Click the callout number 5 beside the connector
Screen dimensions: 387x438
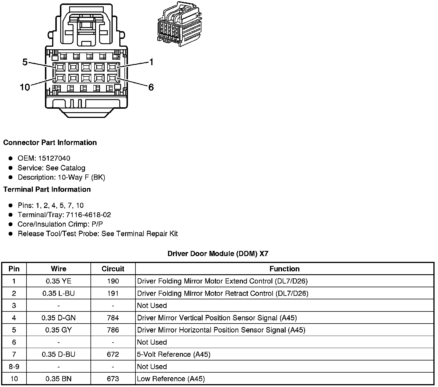point(25,62)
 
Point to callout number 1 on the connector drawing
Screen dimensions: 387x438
point(151,62)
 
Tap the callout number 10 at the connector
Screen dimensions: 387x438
point(25,87)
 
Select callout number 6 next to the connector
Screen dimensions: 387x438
point(151,87)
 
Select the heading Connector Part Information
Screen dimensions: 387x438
point(50,143)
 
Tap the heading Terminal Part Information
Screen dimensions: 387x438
point(47,189)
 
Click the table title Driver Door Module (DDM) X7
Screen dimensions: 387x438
point(218,254)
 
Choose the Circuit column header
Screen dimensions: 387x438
point(113,269)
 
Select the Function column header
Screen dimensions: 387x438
point(284,269)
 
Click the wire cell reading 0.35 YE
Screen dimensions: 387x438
point(58,281)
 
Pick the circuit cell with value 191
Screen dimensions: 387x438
point(113,293)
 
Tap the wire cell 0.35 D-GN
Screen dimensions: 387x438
point(58,318)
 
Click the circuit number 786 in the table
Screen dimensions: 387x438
point(113,330)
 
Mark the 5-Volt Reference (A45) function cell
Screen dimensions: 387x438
point(174,354)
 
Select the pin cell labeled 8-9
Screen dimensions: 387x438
point(14,367)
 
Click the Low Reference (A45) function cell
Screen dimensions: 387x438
point(171,379)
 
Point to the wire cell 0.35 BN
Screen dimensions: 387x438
point(58,379)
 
